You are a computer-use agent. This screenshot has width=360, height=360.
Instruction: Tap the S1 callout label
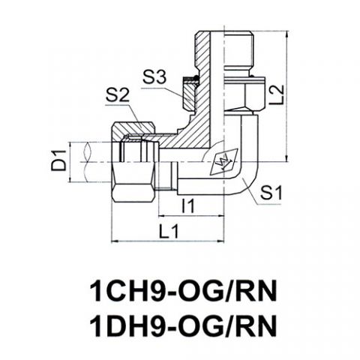click(271, 193)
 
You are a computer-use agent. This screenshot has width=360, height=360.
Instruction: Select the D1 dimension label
click(58, 160)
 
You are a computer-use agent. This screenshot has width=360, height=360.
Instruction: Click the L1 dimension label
click(169, 231)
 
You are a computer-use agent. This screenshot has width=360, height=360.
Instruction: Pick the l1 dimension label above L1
click(187, 205)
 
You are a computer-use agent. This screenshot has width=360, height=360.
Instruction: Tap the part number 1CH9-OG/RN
click(183, 292)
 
